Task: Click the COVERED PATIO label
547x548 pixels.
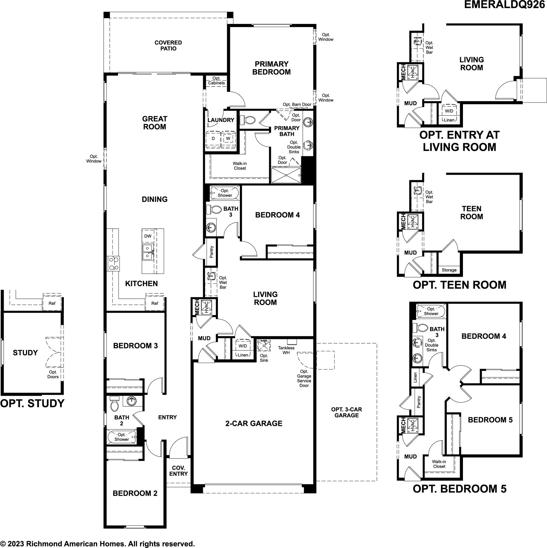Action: pos(168,46)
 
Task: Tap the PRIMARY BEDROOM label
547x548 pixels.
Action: pos(272,68)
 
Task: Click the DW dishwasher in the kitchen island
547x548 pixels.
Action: pos(148,236)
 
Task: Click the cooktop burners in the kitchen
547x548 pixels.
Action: pos(113,263)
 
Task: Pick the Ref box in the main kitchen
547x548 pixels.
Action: pos(155,303)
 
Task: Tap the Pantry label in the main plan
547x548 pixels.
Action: pos(211,252)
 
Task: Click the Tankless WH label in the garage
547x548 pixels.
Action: pos(286,350)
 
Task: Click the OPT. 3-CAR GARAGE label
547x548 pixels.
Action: pos(346,412)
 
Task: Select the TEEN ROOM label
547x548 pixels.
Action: pos(472,213)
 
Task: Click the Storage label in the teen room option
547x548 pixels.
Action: pos(449,270)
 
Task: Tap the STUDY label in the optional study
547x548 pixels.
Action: pos(25,353)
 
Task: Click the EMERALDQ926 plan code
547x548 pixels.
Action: pos(504,5)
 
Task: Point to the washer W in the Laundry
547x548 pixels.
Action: pos(228,139)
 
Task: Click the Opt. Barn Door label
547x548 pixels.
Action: pos(297,104)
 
